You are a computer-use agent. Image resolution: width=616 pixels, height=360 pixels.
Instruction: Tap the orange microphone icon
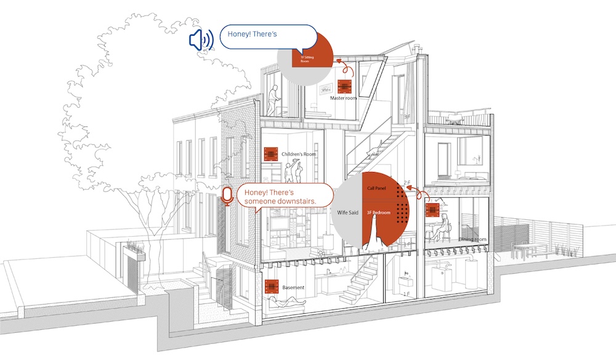(x=227, y=196)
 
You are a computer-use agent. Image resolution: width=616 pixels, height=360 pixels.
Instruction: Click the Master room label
(x=343, y=98)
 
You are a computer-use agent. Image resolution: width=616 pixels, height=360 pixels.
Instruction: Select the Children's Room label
(x=298, y=153)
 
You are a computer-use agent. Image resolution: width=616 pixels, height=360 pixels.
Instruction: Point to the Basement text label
(x=293, y=287)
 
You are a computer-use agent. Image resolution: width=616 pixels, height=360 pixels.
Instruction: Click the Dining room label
(x=472, y=239)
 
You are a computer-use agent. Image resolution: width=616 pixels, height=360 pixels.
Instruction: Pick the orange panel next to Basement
(x=270, y=287)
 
